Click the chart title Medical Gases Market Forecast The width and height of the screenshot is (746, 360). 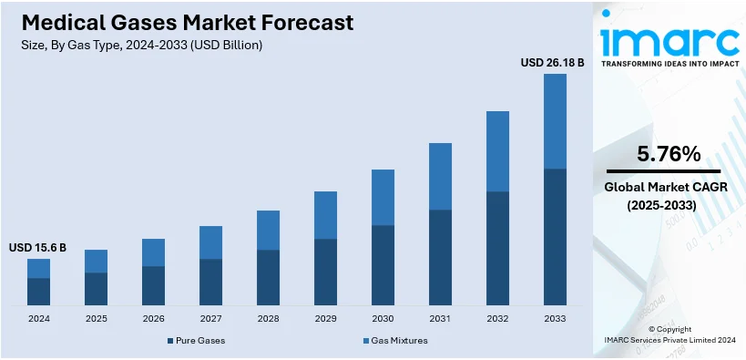pos(181,22)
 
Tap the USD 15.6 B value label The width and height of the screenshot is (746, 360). pos(37,248)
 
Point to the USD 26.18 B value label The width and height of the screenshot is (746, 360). pos(552,63)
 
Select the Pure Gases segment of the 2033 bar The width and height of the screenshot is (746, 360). pos(555,237)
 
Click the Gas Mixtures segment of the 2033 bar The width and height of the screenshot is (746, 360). pos(555,121)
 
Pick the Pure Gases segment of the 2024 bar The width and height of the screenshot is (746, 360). pos(38,292)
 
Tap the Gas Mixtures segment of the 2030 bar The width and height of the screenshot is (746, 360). pos(383,198)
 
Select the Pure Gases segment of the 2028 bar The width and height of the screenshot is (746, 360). pos(268,277)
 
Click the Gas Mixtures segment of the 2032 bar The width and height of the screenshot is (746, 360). pos(497,151)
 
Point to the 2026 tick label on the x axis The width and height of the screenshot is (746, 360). pos(153,318)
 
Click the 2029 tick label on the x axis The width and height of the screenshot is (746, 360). pos(325,318)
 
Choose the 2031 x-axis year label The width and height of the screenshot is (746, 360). pos(440,318)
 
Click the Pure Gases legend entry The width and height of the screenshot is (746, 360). pos(196,340)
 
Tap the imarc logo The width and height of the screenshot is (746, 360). pos(669,40)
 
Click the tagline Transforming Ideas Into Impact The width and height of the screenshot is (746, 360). pos(669,65)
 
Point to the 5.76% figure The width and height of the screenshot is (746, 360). pos(669,154)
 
